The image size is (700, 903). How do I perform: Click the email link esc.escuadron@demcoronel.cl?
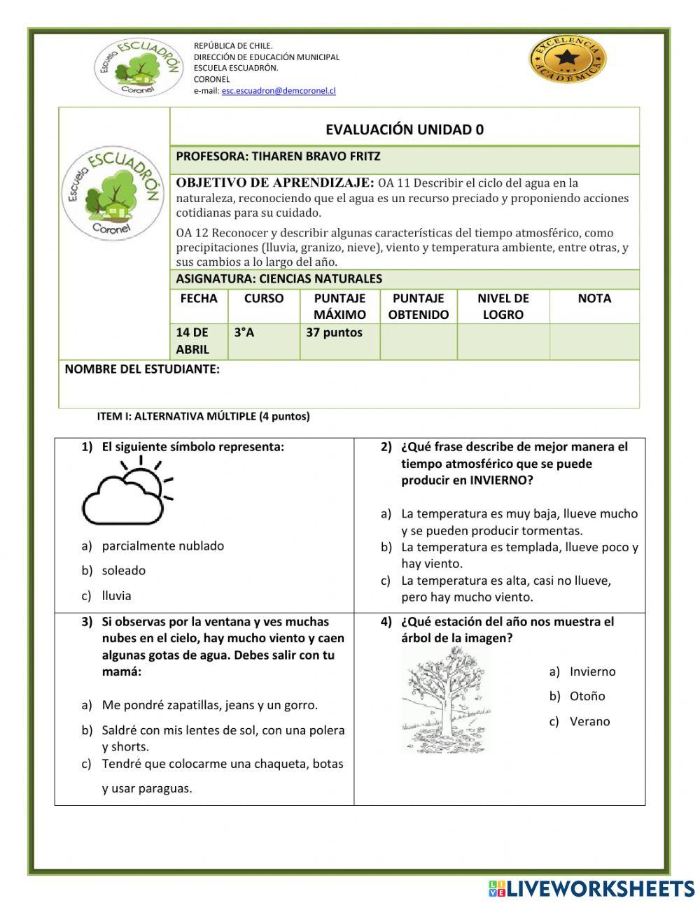tap(279, 91)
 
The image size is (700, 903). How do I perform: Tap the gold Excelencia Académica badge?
tap(567, 59)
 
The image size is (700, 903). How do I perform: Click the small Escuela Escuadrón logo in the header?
tap(138, 67)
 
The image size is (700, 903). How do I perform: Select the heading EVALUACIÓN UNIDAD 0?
tap(405, 129)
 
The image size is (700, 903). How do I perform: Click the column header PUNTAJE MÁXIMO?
tap(339, 306)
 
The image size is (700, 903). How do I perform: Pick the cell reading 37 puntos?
tap(334, 333)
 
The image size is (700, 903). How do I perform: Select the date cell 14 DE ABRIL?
tap(192, 341)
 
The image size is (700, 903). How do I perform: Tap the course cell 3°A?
tap(244, 333)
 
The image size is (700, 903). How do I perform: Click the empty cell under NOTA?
tap(594, 341)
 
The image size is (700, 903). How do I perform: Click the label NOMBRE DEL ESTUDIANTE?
tap(142, 369)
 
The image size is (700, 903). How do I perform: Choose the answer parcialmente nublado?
tap(162, 546)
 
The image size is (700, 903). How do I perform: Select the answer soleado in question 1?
tap(124, 571)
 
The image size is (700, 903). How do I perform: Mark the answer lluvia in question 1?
tap(117, 596)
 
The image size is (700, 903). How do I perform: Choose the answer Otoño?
tap(587, 696)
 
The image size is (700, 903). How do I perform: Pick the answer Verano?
tap(589, 721)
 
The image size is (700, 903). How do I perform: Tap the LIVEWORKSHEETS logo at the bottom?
tap(591, 888)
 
